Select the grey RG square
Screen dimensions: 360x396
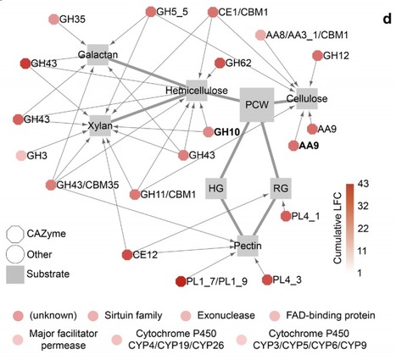point(282,186)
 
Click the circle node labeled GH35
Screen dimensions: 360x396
point(55,18)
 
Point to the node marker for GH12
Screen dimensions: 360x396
point(317,55)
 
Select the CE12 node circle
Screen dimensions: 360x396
point(126,255)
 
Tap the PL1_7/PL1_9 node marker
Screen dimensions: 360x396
point(180,281)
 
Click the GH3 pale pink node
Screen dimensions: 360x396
point(21,157)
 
